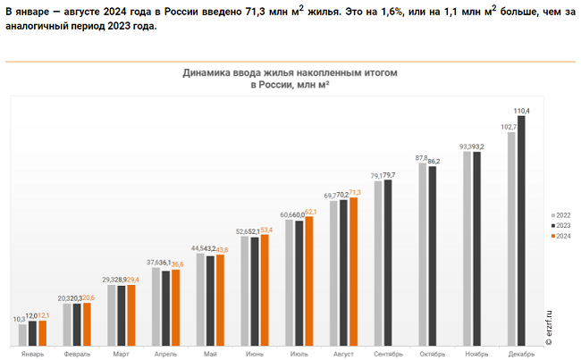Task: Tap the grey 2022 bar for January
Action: pos(23,334)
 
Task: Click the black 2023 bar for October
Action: pos(433,255)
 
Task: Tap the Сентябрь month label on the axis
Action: pos(387,354)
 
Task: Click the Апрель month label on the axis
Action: pos(164,354)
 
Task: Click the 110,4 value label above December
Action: pos(522,111)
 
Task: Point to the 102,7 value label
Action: pos(509,127)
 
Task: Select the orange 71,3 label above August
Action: pos(355,192)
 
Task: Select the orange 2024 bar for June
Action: pos(265,289)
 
